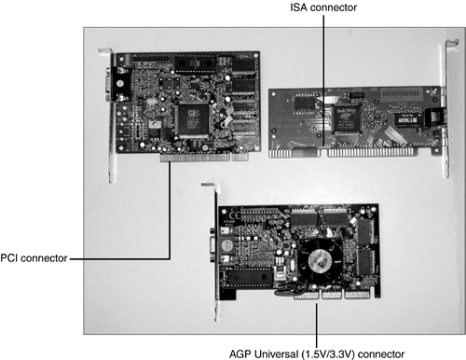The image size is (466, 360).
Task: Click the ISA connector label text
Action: [x=323, y=7]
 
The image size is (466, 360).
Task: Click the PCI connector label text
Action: [x=34, y=258]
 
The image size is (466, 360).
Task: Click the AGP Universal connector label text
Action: [x=317, y=353]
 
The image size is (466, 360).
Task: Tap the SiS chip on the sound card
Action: [x=193, y=119]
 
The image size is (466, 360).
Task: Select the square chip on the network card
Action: [x=347, y=119]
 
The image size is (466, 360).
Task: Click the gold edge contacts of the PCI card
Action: [x=204, y=158]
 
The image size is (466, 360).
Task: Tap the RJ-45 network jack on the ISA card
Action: [x=435, y=117]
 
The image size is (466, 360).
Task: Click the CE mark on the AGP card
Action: [x=234, y=215]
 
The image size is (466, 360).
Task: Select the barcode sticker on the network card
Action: [x=401, y=93]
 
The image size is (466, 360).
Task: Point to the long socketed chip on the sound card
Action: [x=195, y=63]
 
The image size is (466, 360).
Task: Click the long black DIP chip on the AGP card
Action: [x=249, y=277]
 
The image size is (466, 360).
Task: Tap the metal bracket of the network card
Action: [x=446, y=108]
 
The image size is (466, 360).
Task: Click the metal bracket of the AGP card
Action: [x=216, y=252]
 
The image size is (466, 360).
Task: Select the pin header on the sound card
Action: [x=150, y=58]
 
